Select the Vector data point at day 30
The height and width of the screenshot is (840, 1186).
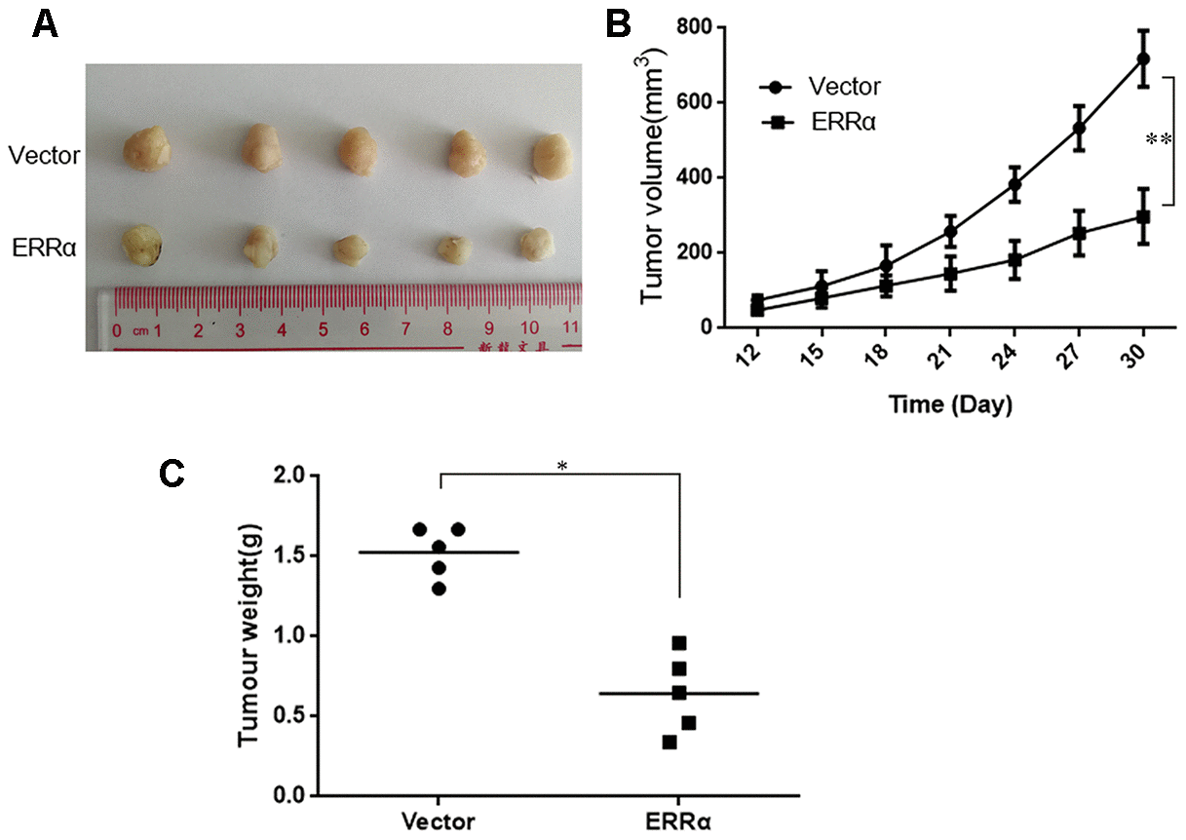pyautogui.click(x=1142, y=59)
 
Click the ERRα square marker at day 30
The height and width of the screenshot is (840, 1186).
pyautogui.click(x=1142, y=216)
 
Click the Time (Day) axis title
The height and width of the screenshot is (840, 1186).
pyautogui.click(x=949, y=405)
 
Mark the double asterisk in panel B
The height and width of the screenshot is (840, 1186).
pyautogui.click(x=1159, y=140)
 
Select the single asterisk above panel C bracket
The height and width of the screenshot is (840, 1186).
pyautogui.click(x=561, y=466)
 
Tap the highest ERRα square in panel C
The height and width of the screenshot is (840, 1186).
pyautogui.click(x=679, y=643)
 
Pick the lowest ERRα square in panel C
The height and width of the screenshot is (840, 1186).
pyautogui.click(x=670, y=743)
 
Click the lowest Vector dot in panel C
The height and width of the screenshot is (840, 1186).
pyautogui.click(x=439, y=589)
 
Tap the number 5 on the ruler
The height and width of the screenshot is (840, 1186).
pyautogui.click(x=322, y=331)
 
